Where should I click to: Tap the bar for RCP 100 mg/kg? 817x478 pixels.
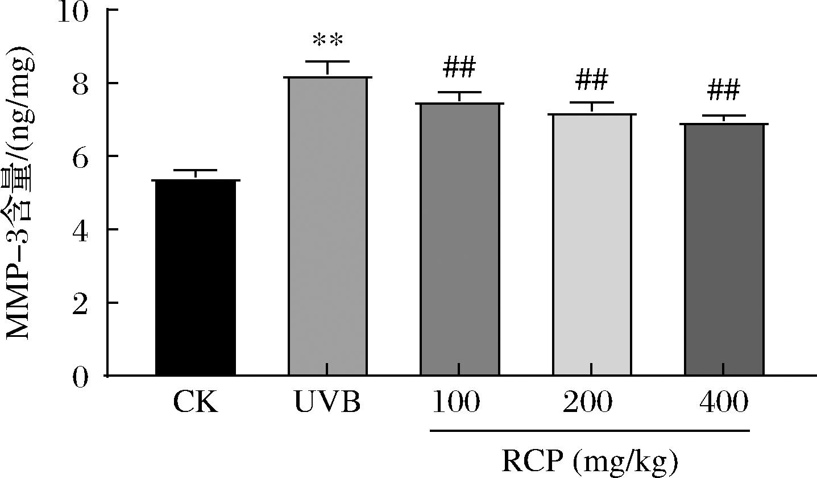click(459, 240)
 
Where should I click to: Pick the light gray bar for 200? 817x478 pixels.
click(591, 245)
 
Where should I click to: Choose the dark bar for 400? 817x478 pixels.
click(724, 250)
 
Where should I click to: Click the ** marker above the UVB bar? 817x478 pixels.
click(327, 42)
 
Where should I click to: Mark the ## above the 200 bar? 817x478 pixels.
click(591, 81)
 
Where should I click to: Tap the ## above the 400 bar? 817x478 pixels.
click(724, 90)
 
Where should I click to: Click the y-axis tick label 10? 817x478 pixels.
click(75, 13)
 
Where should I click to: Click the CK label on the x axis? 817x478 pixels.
click(194, 403)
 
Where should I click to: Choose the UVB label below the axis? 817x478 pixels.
click(327, 403)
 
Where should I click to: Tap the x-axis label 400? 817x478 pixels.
click(723, 403)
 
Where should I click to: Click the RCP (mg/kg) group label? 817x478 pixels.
click(590, 462)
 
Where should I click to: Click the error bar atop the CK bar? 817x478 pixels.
click(195, 174)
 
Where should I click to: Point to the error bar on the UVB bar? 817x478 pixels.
click(327, 67)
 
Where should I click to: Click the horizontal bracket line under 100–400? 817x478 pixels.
click(590, 431)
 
